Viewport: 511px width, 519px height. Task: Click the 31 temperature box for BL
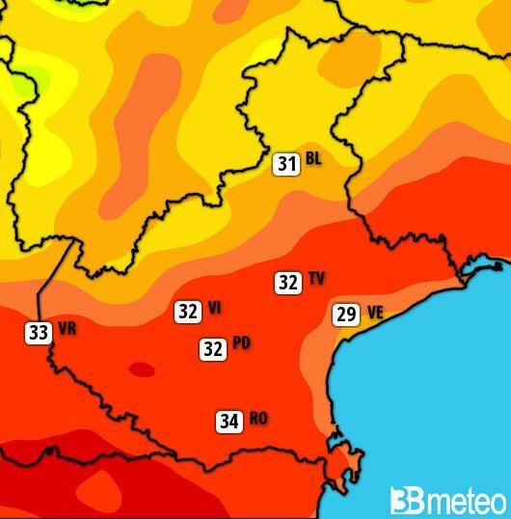(285, 164)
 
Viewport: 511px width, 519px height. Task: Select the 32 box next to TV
(287, 283)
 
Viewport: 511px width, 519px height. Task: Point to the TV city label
(316, 280)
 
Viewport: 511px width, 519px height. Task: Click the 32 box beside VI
(188, 312)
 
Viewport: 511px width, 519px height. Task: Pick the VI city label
(214, 308)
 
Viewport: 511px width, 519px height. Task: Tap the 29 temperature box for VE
(346, 314)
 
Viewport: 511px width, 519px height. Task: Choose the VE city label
(375, 312)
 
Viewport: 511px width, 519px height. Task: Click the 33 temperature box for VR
(38, 333)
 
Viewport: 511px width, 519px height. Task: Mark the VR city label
(67, 328)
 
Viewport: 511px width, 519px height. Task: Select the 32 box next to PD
(213, 349)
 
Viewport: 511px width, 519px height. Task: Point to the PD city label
(242, 344)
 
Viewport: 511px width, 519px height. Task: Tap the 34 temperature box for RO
(229, 421)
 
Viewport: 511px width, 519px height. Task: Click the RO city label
(257, 418)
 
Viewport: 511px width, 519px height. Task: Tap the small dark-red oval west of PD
(142, 368)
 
